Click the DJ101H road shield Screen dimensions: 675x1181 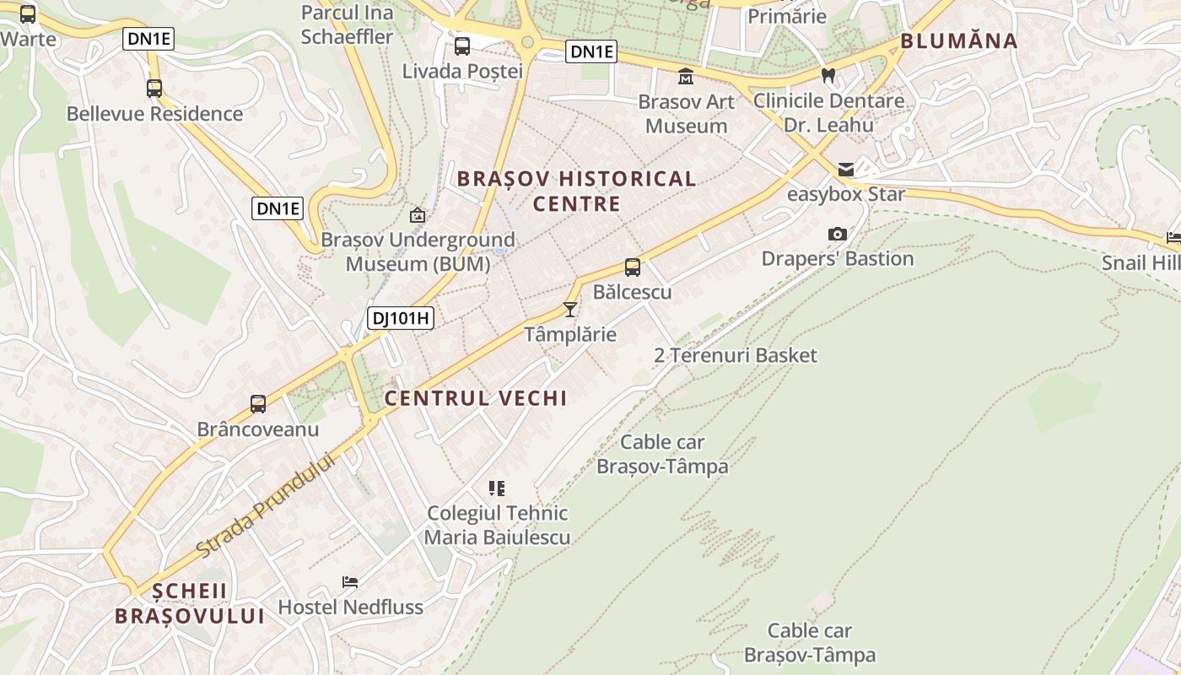[x=401, y=318]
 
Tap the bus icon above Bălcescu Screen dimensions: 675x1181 [x=632, y=267]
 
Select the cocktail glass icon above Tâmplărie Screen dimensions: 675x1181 [x=570, y=310]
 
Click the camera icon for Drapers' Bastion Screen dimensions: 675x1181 [x=837, y=234]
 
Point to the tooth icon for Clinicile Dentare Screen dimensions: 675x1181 [x=828, y=75]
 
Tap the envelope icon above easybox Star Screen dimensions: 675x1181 [x=845, y=170]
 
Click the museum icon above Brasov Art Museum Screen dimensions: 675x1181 [x=686, y=77]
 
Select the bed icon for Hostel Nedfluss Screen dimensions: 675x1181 [x=350, y=581]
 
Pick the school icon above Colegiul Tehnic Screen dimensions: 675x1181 [x=497, y=488]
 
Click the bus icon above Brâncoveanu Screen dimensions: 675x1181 [x=258, y=404]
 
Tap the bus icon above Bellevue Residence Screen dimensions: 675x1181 [x=154, y=88]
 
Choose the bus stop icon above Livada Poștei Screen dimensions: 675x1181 [x=461, y=46]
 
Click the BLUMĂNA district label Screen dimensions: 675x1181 [x=958, y=40]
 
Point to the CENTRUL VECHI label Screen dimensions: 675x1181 [x=476, y=398]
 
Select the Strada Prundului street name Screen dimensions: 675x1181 [x=265, y=505]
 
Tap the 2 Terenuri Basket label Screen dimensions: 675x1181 [x=736, y=355]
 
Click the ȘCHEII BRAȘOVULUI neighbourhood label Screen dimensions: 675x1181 [x=190, y=603]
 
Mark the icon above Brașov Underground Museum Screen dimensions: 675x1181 [x=417, y=216]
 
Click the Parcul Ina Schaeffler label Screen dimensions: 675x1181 [x=347, y=24]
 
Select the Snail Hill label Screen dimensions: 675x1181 [x=1141, y=263]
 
